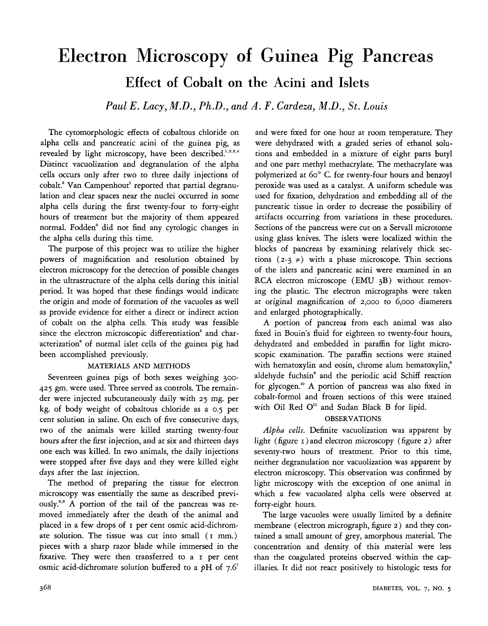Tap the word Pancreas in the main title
(x=398, y=56)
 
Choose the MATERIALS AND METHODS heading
(x=139, y=366)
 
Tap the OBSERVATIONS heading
(x=353, y=419)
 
